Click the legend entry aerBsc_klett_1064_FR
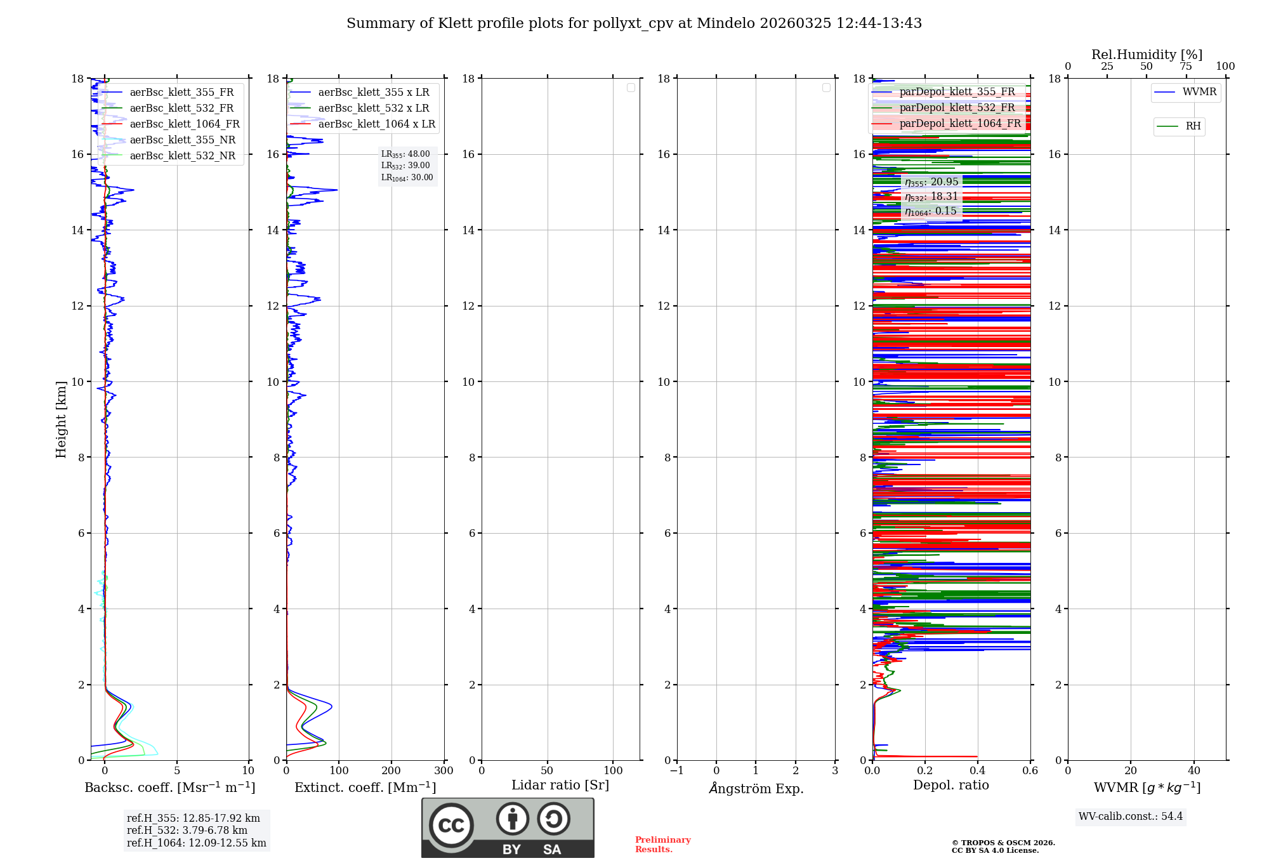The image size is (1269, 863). coord(185,124)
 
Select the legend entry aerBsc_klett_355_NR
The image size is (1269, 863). coord(182,140)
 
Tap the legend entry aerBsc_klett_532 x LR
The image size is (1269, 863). coord(373,109)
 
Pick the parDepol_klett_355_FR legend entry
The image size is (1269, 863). coord(957,92)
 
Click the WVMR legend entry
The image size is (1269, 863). coord(1199,92)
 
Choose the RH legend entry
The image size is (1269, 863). coord(1193,126)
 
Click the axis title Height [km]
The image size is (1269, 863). coord(61,419)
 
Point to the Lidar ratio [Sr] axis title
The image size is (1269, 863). coord(560,786)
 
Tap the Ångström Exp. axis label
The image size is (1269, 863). coord(756,789)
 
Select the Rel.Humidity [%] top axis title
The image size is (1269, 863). coord(1147,55)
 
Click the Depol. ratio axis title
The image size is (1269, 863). coord(950,786)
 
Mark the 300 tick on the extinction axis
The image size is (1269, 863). coord(444,771)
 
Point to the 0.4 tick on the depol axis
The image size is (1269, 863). coord(978,771)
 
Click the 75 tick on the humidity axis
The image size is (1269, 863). coord(1186,67)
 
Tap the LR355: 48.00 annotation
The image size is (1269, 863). coord(405,154)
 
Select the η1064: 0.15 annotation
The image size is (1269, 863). coord(931,211)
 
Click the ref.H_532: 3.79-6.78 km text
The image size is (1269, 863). coord(187,831)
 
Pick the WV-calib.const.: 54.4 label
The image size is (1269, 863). coord(1131,817)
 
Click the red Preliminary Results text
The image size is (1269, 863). coord(662,845)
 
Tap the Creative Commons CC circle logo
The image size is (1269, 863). coord(451,826)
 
